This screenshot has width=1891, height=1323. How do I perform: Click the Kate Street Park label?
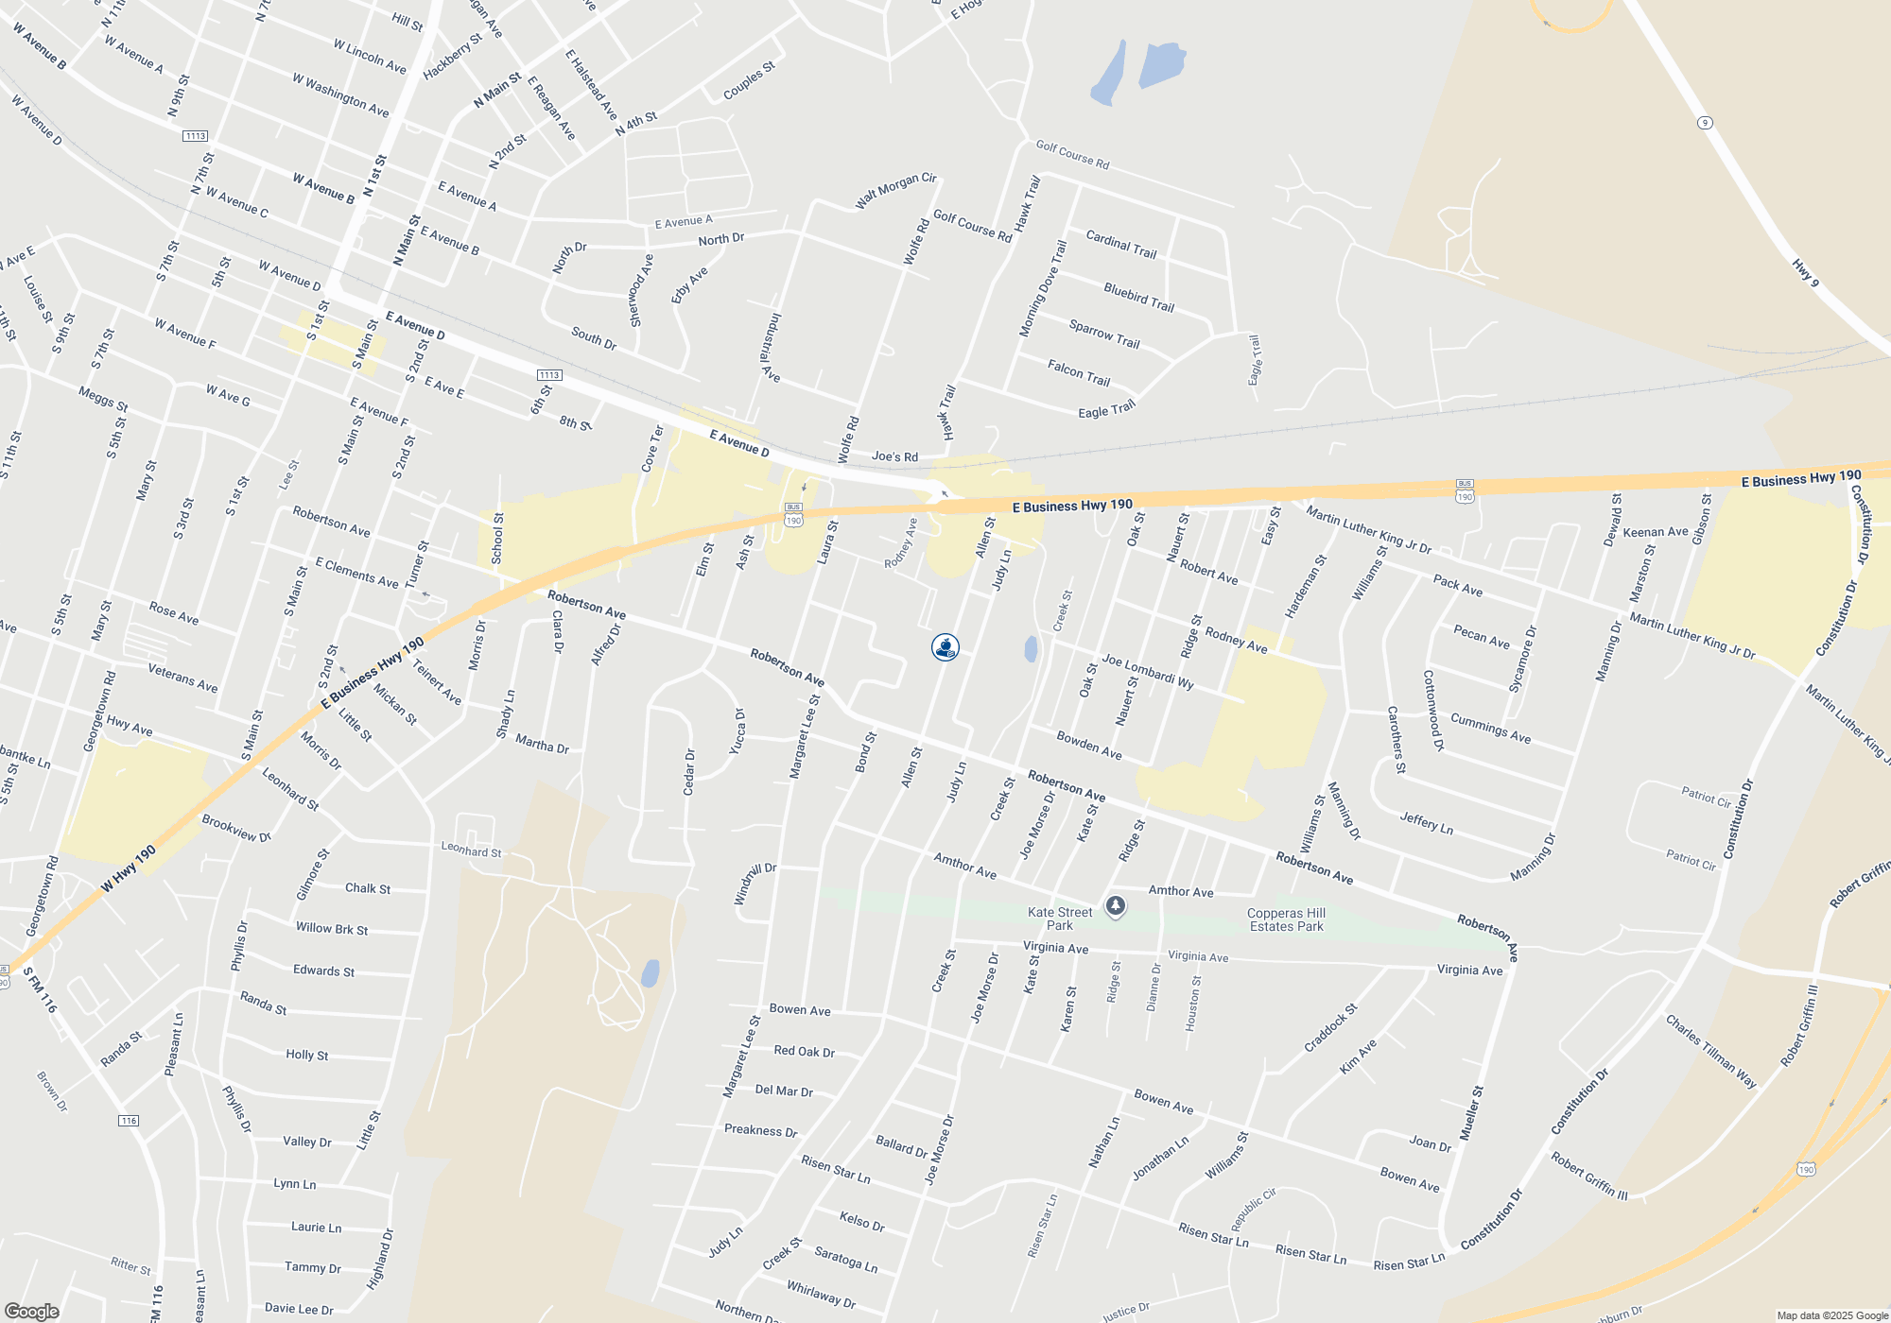(x=1060, y=919)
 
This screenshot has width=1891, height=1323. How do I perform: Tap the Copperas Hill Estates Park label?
(x=1286, y=919)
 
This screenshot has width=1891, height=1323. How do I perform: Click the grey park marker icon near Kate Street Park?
(x=1116, y=906)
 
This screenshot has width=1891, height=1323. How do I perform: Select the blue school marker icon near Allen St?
(x=945, y=647)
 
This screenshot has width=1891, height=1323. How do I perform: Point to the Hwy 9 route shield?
(x=1705, y=123)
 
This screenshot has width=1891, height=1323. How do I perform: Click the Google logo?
(x=31, y=1311)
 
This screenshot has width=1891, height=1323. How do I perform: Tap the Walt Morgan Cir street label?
(x=895, y=191)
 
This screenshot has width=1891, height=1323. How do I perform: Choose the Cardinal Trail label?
(x=1121, y=244)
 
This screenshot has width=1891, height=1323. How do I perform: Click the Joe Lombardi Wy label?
(x=1147, y=671)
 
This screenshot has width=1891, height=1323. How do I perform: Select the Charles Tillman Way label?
(x=1710, y=1051)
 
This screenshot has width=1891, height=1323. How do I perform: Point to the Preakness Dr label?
(x=760, y=1130)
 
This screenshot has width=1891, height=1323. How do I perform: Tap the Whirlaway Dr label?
(x=821, y=1295)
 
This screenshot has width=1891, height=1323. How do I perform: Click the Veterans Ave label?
(x=182, y=678)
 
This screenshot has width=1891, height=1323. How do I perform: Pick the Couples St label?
(x=749, y=80)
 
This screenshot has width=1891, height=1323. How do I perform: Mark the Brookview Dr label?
(x=236, y=828)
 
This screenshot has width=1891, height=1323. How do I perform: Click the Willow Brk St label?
(x=331, y=929)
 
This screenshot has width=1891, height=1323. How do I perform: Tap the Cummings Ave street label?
(x=1490, y=728)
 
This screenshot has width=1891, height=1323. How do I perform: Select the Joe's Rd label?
(x=894, y=456)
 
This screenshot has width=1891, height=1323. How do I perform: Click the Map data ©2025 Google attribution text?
(x=1831, y=1315)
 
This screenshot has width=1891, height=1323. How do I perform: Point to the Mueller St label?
(x=1470, y=1112)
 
